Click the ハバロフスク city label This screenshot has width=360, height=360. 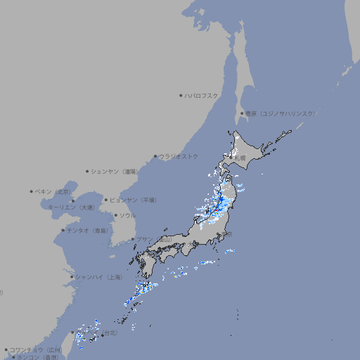(202, 95)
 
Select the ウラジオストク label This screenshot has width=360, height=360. (179, 157)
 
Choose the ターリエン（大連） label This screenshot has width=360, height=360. (71, 207)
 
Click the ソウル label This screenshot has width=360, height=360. (127, 215)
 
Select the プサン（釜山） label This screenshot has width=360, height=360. (154, 239)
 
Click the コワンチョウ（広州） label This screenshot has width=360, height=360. (36, 349)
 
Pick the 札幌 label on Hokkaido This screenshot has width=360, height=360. (240, 158)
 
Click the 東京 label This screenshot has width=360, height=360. (228, 234)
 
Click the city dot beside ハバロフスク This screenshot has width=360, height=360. (181, 95)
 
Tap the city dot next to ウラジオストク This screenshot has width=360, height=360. (155, 157)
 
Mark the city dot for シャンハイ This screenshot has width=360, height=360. (72, 277)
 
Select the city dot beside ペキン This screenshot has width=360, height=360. (31, 191)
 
